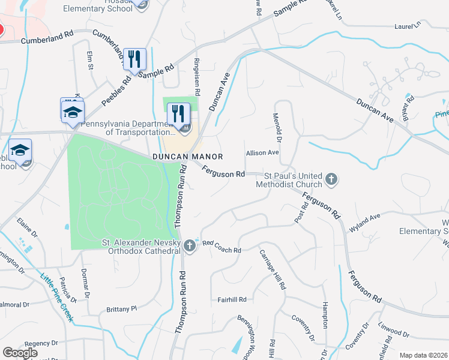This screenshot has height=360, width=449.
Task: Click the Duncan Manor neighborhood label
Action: point(187,157)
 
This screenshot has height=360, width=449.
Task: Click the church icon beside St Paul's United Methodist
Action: point(331,179)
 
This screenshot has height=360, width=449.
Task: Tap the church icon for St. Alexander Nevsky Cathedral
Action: point(190,245)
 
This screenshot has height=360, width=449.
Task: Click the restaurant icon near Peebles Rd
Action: point(134,59)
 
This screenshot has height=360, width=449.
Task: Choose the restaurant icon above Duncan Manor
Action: point(179,113)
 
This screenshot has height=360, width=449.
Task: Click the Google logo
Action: point(20,353)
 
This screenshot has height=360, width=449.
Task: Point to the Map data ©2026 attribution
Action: point(423,355)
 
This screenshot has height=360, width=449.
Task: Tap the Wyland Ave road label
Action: point(364,223)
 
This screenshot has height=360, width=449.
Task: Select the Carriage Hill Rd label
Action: point(272,268)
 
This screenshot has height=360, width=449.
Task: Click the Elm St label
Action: point(91,60)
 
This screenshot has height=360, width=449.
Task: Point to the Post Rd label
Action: point(301,213)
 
